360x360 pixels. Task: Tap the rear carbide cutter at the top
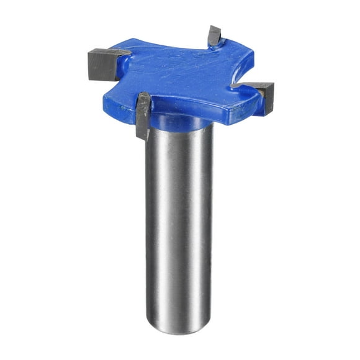[x=215, y=35]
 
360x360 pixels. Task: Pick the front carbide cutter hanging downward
[x=143, y=115]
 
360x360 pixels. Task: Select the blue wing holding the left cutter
[x=127, y=68]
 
